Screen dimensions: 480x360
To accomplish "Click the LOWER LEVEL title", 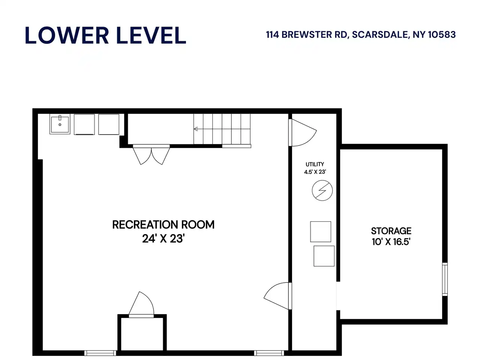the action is tap(105, 35).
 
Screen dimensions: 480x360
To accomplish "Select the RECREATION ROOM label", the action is tap(163, 225).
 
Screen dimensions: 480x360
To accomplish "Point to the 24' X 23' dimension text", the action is tap(163, 238).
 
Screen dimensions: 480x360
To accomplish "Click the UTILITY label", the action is tap(315, 164).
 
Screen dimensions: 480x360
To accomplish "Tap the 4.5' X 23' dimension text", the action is tap(315, 172).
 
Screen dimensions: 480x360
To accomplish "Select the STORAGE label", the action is tap(391, 231).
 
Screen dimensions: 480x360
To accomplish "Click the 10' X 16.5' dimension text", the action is tap(391, 242).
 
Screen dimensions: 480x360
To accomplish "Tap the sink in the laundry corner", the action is tap(60, 124).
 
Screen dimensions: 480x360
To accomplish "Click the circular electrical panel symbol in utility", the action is tap(322, 190).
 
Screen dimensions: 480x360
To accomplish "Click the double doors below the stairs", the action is tap(151, 154).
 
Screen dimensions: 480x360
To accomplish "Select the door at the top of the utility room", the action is tap(303, 132).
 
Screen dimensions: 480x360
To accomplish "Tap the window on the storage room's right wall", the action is tap(445, 279).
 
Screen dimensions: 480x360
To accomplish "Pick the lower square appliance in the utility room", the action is tap(324, 256).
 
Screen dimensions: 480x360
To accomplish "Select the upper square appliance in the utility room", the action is tap(321, 232).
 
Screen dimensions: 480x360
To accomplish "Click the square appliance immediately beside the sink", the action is tap(84, 124).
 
